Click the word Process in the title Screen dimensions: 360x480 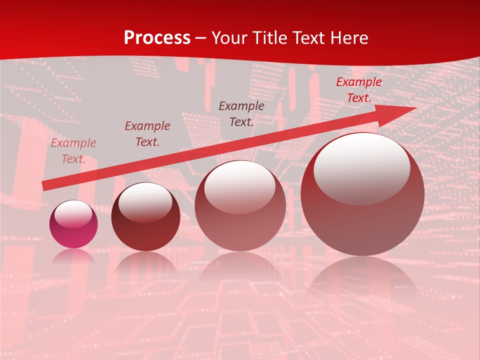pos(157,38)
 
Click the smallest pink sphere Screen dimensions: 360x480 pos(73,224)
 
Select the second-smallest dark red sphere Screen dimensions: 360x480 pos(145,217)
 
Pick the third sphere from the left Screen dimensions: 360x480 pos(240,205)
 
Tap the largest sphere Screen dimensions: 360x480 pos(362,194)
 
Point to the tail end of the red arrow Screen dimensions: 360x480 pos(43,186)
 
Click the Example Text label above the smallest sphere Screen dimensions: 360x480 pos(73,151)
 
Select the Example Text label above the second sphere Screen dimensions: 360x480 pos(147,134)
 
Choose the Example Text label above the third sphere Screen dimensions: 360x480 pos(241,113)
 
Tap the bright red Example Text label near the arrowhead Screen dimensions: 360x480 pos(359,90)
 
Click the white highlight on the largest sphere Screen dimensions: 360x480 pos(361,168)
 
